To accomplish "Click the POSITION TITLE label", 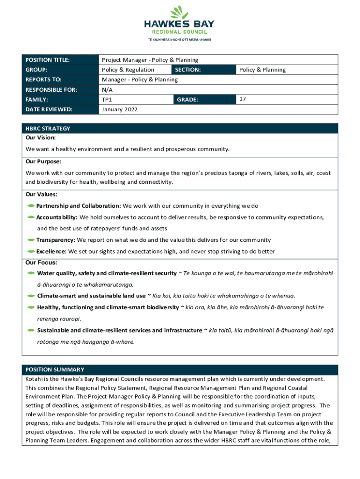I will pyautogui.click(x=47, y=60).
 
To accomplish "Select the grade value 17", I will pyautogui.click(x=243, y=99).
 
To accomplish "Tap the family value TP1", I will pyautogui.click(x=107, y=100).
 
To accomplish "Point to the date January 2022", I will pyautogui.click(x=120, y=109).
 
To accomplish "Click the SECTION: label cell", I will pyautogui.click(x=187, y=70).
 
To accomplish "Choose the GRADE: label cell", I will pyautogui.click(x=187, y=100).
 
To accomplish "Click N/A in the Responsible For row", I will pyautogui.click(x=107, y=89).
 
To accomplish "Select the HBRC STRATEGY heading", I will pyautogui.click(x=48, y=128).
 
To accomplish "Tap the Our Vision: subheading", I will pyautogui.click(x=41, y=138).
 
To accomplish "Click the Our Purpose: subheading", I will pyautogui.click(x=43, y=161).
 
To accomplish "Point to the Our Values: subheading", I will pyautogui.click(x=42, y=195).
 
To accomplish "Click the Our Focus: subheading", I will pyautogui.click(x=42, y=262).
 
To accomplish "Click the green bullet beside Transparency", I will pyautogui.click(x=31, y=240).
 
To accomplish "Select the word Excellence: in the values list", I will pyautogui.click(x=51, y=251).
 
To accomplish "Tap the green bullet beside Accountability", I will pyautogui.click(x=31, y=218).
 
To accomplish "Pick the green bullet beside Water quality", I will pyautogui.click(x=31, y=273).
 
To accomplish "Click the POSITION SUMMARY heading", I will pyautogui.click(x=55, y=370).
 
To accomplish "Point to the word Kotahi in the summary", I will pyautogui.click(x=34, y=378).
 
